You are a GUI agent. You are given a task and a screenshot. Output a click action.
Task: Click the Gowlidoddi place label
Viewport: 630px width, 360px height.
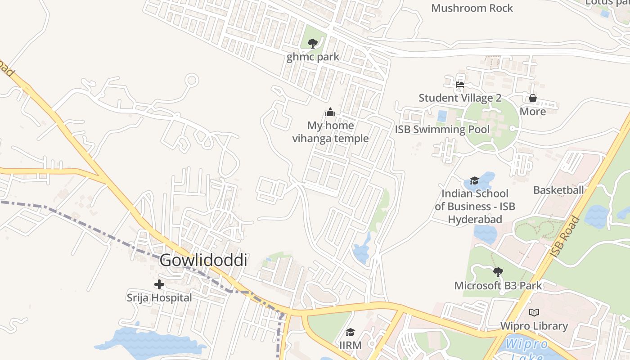(203, 260)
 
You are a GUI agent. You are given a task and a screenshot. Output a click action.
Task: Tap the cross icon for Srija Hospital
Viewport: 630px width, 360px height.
(159, 284)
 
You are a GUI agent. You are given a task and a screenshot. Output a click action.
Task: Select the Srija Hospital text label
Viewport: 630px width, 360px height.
(159, 297)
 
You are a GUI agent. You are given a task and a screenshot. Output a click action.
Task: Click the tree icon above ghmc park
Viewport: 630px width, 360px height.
(313, 44)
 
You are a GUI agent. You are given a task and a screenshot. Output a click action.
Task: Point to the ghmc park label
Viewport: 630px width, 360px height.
(313, 57)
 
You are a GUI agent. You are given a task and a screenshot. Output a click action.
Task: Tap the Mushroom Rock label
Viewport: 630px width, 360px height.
(472, 8)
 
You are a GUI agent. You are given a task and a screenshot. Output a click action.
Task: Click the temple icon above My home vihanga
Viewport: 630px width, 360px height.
(330, 112)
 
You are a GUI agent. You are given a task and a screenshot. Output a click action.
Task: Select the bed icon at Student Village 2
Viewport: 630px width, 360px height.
(459, 84)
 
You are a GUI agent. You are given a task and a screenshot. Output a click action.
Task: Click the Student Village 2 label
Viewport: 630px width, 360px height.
(460, 98)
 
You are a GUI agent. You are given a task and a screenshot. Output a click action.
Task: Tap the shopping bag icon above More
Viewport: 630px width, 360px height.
(533, 98)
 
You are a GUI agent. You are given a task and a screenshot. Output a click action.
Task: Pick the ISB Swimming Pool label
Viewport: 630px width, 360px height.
(442, 130)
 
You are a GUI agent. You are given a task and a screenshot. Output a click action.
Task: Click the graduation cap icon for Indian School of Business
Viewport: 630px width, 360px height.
(474, 180)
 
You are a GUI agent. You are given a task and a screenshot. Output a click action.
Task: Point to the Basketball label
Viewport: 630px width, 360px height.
(558, 190)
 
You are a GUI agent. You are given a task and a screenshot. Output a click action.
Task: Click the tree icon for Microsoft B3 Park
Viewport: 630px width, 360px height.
(498, 272)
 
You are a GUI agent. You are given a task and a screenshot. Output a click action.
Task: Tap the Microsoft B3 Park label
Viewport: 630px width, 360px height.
(498, 285)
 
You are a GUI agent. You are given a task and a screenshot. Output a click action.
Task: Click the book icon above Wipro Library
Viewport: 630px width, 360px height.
(534, 312)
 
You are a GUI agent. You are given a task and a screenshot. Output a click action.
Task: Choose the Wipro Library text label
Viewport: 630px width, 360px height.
(534, 326)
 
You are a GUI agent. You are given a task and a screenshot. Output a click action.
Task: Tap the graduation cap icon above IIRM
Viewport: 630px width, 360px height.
(350, 333)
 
